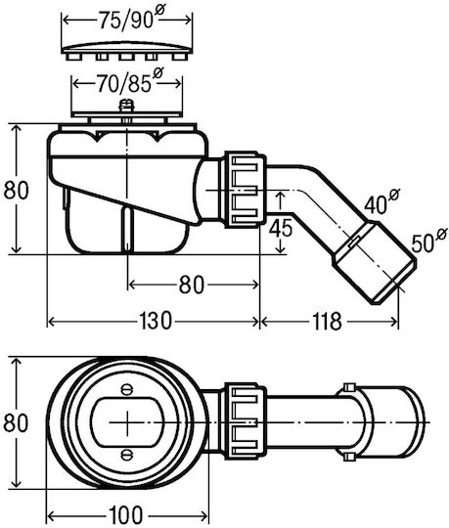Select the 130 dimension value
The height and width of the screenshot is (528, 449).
pos(156,321)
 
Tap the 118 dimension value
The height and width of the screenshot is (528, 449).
pos(327,321)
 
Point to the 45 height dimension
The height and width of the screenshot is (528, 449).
pos(281,229)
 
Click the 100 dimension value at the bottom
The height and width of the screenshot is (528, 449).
pos(125,515)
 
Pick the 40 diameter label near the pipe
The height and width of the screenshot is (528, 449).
pos(382,201)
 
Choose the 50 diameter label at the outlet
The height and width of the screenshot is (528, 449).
pos(428,242)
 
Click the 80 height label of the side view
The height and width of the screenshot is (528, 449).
pos(16,191)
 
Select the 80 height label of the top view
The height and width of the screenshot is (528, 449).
pos(16,423)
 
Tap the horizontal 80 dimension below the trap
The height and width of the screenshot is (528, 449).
pos(192,285)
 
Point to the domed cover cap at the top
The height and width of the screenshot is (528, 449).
pos(127,50)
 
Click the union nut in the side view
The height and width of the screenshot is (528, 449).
pos(246,190)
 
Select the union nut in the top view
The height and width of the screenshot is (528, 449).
pos(246,421)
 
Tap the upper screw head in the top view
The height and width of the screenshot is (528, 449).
pos(127,389)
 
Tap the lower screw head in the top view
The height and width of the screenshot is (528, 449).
pos(127,455)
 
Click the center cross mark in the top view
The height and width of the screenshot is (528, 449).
pos(127,422)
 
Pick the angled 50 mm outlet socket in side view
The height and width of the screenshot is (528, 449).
pos(375,262)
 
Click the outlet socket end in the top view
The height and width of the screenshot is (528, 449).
pos(390,422)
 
